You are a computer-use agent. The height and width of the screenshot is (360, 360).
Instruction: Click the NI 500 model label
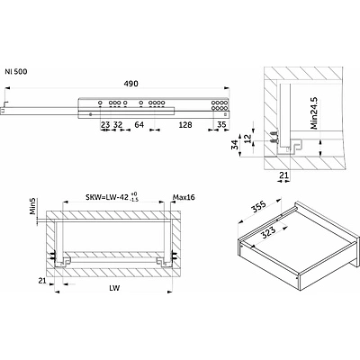pos(16,72)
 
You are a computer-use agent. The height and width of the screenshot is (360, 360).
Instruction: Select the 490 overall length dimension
pos(131,84)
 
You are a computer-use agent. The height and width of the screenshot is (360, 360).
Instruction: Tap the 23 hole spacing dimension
pos(105,124)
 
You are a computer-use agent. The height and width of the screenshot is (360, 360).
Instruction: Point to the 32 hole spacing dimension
pos(118,124)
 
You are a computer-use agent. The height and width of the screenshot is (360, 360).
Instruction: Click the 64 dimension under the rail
pos(139,125)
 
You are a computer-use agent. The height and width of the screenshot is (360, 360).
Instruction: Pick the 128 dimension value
pos(185,125)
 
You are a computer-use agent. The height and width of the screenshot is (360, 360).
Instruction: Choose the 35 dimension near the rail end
pos(221,124)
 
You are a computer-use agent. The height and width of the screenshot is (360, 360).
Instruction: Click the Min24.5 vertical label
pos(314,112)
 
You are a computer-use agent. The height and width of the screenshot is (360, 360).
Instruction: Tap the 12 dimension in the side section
pos(247,139)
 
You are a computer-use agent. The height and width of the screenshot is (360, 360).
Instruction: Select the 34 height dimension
pos(236,145)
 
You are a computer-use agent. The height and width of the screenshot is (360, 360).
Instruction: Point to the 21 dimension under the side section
pos(283,175)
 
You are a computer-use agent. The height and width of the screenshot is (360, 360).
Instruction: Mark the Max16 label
pos(184,197)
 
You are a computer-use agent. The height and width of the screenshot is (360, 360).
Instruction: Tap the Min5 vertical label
pos(32,206)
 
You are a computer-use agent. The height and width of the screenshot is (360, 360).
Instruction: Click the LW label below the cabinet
pos(114,288)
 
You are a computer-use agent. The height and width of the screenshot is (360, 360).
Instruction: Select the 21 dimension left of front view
pos(42,281)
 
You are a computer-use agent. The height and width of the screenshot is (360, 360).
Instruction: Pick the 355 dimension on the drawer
pos(258,207)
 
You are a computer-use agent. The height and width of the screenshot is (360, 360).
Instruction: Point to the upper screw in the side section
pos(274,134)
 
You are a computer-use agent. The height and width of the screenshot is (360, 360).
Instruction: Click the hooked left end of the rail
pos(4,106)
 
